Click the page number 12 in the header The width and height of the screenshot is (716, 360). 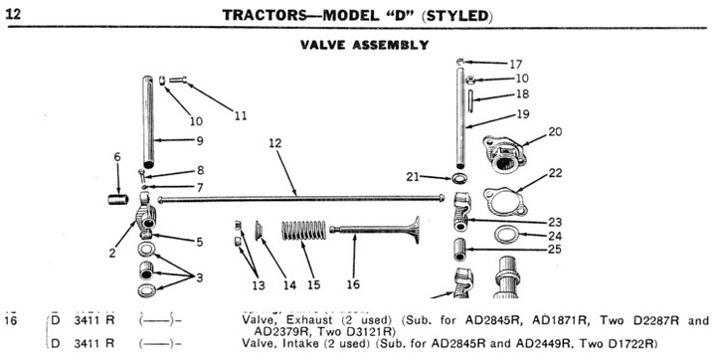pos(13,14)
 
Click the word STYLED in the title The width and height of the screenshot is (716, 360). pos(457,17)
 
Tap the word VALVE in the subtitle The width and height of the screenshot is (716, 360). pos(323,45)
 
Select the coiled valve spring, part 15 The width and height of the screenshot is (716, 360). pos(303,231)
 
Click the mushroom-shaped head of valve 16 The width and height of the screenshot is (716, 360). pos(415,230)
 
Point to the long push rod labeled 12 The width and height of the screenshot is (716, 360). pos(301,199)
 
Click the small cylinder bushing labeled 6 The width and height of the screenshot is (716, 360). pos(118,200)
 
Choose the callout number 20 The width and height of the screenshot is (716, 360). pos(555,131)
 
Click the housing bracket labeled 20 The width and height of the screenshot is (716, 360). pos(504,154)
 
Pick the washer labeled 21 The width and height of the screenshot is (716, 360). pos(460,177)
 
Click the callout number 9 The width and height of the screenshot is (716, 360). pos(200,140)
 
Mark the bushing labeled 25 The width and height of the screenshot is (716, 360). pos(460,250)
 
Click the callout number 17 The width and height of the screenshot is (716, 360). pos(515,64)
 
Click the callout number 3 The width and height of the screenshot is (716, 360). pos(200,277)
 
